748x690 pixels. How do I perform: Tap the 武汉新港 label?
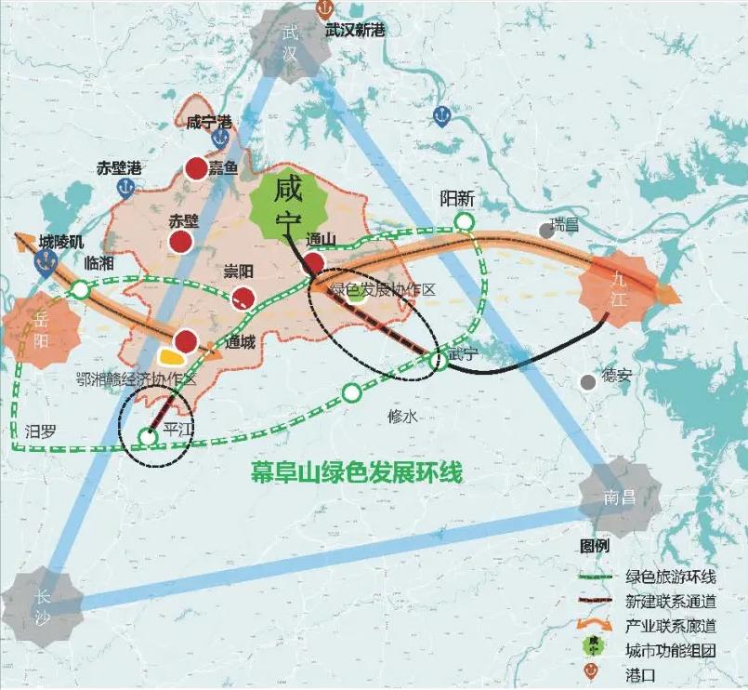355,29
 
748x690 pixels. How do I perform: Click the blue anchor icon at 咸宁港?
220,138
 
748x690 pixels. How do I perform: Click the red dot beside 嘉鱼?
196,168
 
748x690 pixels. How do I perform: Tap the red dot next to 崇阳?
243,298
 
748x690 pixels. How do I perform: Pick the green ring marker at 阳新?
463,221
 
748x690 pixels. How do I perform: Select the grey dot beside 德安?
587,381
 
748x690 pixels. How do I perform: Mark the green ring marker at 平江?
147,436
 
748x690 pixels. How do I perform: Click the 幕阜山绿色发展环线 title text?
357,471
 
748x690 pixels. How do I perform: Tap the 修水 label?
401,418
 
